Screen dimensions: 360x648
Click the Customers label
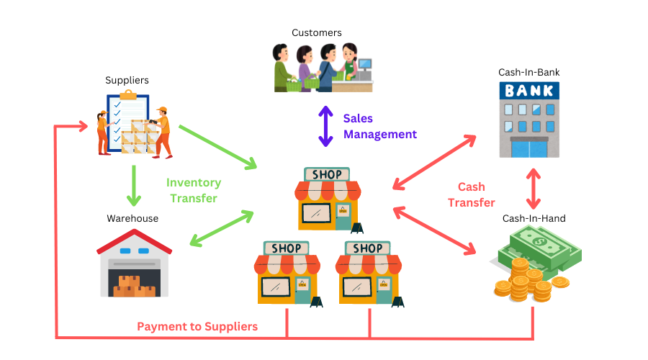(316, 33)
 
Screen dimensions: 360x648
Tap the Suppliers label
(127, 80)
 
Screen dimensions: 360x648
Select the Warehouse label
(132, 218)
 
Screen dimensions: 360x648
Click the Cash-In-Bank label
(528, 72)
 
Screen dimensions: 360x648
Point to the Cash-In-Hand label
(534, 218)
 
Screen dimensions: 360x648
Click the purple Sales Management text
(379, 126)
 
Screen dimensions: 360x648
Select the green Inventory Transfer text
(193, 190)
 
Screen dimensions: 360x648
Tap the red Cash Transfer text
(472, 194)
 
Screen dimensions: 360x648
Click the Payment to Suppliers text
(197, 327)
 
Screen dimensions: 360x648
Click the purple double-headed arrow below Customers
(326, 126)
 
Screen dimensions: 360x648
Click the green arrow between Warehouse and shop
(222, 229)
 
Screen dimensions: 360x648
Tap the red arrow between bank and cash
(534, 189)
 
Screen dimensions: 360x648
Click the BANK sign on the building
(529, 91)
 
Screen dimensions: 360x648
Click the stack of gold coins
(522, 281)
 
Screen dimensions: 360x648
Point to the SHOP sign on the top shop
(328, 174)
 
